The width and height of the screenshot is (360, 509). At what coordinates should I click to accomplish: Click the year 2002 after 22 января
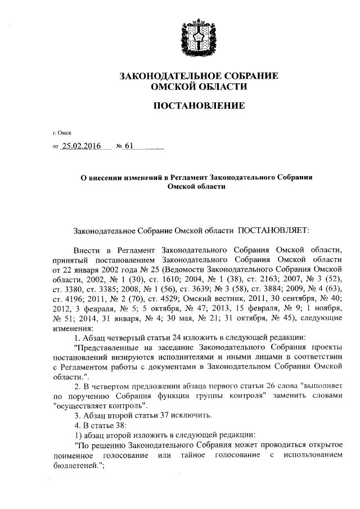(x=106, y=268)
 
